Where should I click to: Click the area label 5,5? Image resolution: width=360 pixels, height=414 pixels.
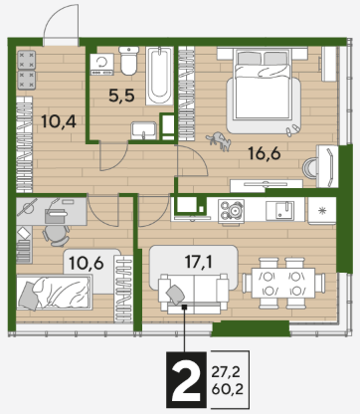pos(121,96)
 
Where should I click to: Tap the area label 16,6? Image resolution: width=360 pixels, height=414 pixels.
pos(265,153)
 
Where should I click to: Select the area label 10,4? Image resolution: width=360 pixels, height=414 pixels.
pos(59,121)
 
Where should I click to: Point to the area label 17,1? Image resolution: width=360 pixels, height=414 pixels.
pos(199,262)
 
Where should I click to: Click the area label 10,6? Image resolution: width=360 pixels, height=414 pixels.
pos(87,263)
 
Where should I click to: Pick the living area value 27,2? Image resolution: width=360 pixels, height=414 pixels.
pos(226,372)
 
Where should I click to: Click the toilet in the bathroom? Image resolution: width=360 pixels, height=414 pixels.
pos(129,61)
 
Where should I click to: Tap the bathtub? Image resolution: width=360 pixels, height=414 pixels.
pos(160,76)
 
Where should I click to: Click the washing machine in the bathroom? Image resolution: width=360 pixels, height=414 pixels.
pos(102,65)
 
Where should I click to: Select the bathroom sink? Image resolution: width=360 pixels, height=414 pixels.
pos(143,130)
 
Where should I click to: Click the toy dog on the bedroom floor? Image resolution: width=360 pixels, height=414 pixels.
pos(219,140)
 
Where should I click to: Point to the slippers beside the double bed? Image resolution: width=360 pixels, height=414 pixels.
pos(292,130)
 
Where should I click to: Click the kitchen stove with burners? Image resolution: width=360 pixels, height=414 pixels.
pos(231,210)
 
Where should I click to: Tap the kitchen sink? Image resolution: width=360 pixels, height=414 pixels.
pos(284,210)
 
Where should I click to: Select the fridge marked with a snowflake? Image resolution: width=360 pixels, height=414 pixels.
pos(322,211)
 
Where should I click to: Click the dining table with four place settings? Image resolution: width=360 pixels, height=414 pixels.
pos(283,283)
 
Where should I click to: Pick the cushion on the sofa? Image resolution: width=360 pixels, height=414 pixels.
pos(176,294)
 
